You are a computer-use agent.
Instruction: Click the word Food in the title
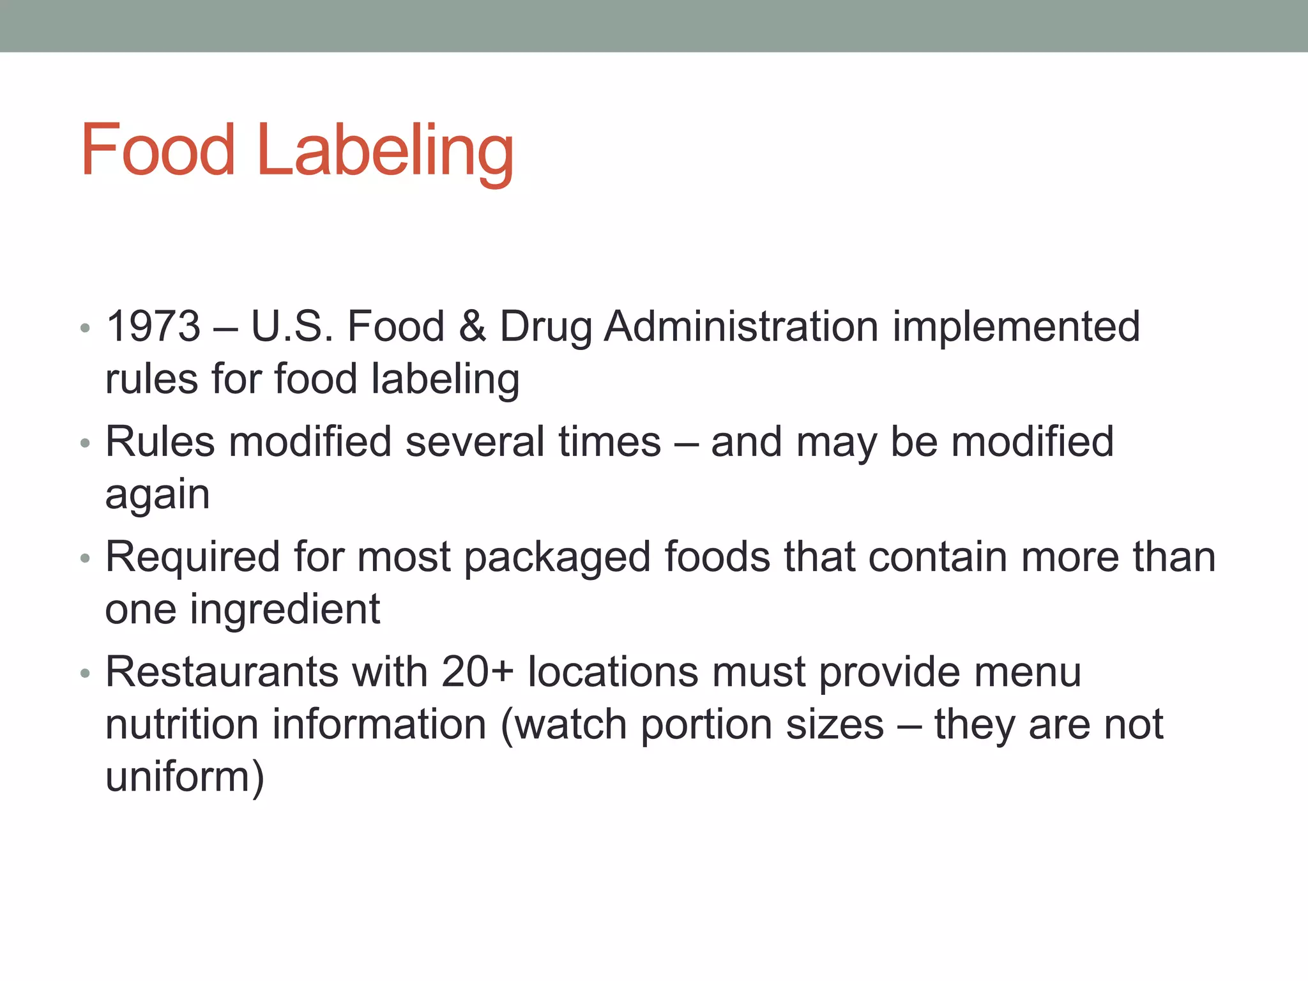pyautogui.click(x=158, y=150)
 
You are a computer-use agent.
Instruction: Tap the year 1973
pyautogui.click(x=153, y=326)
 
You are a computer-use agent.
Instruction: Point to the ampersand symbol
pyautogui.click(x=472, y=326)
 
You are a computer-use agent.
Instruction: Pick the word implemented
pyautogui.click(x=1015, y=328)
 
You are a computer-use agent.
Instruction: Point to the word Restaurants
pyautogui.click(x=222, y=673)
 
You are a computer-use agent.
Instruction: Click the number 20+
pyautogui.click(x=477, y=673)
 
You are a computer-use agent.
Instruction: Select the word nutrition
pyautogui.click(x=181, y=725)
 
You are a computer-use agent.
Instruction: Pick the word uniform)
pyautogui.click(x=185, y=777)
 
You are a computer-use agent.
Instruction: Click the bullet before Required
pyautogui.click(x=85, y=559)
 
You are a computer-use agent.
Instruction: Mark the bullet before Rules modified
pyautogui.click(x=85, y=443)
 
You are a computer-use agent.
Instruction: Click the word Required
pyautogui.click(x=192, y=557)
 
